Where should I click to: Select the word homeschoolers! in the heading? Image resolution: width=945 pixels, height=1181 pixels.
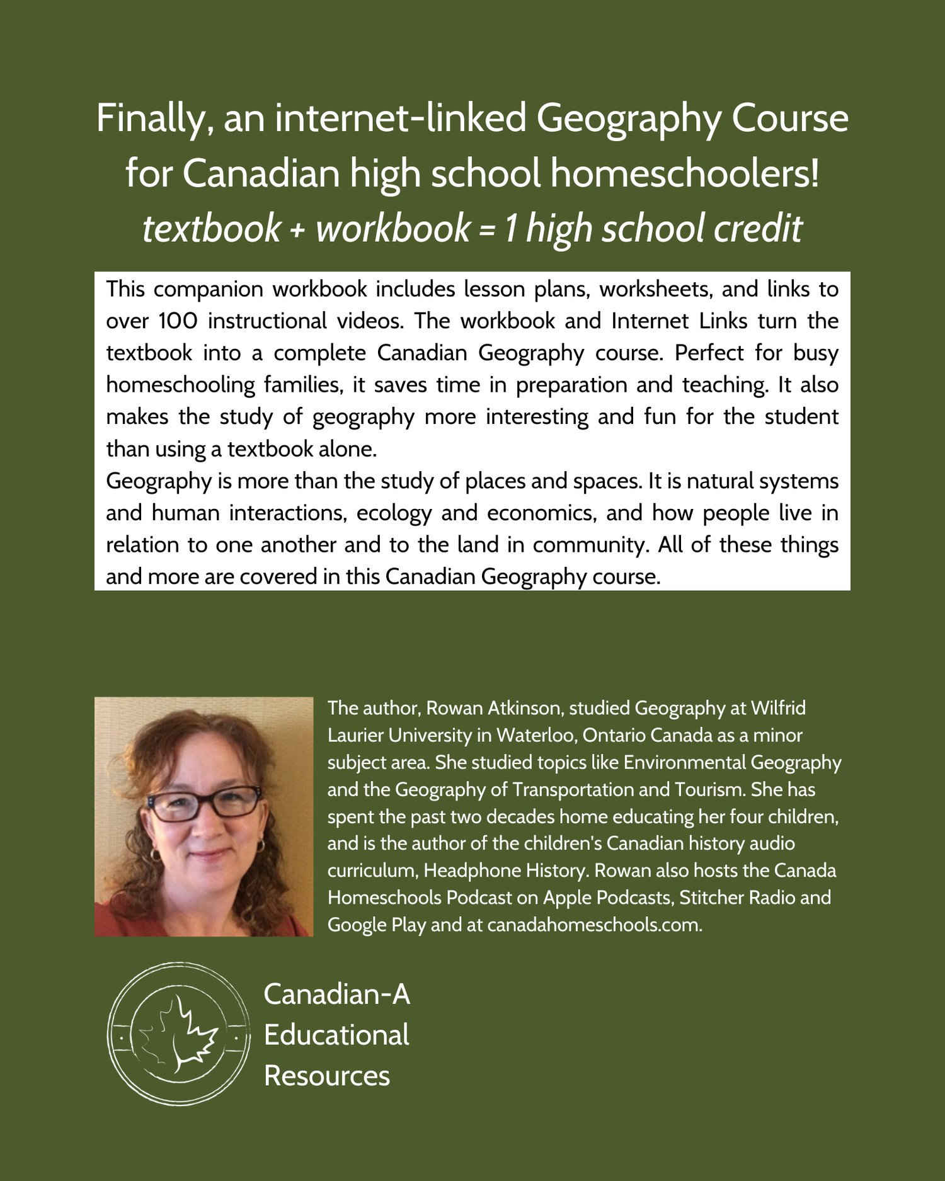[685, 174]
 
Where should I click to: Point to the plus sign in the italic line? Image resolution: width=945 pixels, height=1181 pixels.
[297, 229]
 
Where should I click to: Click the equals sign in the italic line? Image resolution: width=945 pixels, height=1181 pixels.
[486, 229]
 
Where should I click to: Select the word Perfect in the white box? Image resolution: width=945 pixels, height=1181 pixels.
[709, 353]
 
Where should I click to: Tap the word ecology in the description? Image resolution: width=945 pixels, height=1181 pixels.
[394, 513]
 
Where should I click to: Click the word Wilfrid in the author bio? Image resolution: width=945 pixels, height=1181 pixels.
[778, 708]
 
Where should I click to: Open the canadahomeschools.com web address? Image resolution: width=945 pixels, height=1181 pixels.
[594, 925]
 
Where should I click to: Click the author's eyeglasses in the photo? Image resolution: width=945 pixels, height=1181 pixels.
[203, 803]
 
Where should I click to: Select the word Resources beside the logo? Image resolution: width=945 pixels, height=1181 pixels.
[327, 1076]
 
